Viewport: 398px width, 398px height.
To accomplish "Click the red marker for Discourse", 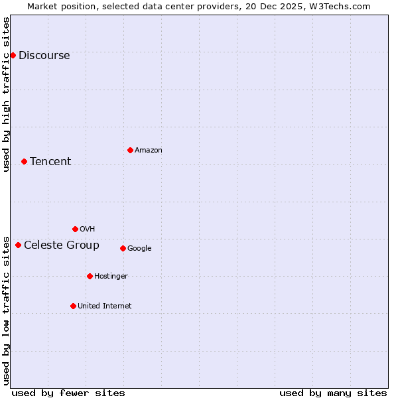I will (x=13, y=55).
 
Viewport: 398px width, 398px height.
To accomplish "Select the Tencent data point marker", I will (x=24, y=161).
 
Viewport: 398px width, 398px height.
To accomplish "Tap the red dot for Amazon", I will (x=130, y=150).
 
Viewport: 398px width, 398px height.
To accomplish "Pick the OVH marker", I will (x=75, y=229).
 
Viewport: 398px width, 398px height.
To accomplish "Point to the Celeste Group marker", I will (x=18, y=245).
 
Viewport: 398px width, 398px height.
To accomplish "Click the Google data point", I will (x=123, y=248).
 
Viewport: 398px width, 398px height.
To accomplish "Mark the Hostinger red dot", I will (x=90, y=276).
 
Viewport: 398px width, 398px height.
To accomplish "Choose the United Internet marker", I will (x=73, y=306).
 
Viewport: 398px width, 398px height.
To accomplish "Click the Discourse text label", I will (x=44, y=55).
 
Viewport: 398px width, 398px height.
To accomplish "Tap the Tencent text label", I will (x=50, y=161).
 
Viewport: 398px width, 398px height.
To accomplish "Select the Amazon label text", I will (x=149, y=150).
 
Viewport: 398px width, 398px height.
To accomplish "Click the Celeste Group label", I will (x=62, y=245).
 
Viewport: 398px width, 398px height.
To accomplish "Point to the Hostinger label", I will (x=111, y=276).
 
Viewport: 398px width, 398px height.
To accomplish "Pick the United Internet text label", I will (x=105, y=306).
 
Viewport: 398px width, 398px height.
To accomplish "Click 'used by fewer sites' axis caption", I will (x=68, y=393).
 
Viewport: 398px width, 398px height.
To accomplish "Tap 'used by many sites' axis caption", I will (x=333, y=393).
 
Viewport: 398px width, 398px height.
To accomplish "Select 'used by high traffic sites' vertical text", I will (x=6, y=94).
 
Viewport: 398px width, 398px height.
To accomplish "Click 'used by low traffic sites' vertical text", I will (x=6, y=310).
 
